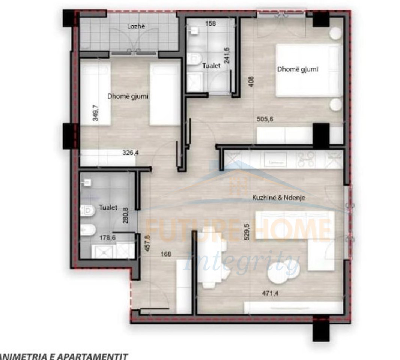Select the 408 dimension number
coord(252,82)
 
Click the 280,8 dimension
coord(126,216)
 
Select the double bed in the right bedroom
coord(309,70)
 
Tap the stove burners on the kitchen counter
coord(305,160)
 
